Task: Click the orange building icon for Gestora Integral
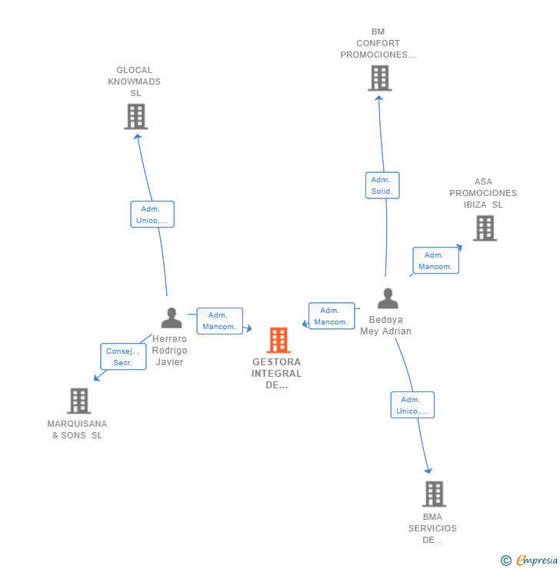click(278, 340)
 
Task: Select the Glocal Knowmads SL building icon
click(136, 116)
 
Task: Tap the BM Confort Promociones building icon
click(379, 78)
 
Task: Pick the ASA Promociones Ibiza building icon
click(485, 228)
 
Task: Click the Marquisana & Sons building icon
click(78, 401)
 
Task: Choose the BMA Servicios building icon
click(434, 494)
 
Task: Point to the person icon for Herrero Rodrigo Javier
click(172, 317)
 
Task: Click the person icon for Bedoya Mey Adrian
click(388, 298)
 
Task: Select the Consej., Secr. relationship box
click(123, 357)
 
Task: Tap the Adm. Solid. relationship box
click(382, 185)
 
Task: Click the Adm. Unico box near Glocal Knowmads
click(152, 215)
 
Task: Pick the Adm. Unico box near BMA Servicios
click(412, 405)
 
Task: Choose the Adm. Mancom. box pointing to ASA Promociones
click(435, 261)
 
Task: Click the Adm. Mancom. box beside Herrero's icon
click(219, 321)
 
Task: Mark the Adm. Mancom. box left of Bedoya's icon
click(332, 316)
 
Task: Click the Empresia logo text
click(536, 561)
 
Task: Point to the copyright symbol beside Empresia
click(506, 561)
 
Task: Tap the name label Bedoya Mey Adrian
click(386, 325)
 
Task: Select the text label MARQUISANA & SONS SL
click(77, 429)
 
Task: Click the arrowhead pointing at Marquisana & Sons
click(96, 378)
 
